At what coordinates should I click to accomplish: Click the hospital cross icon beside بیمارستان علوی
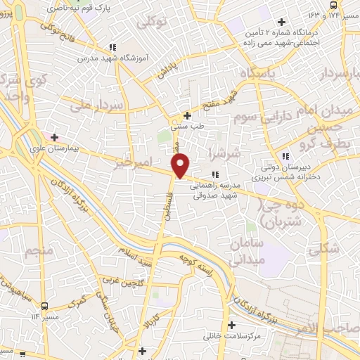coord(53,137)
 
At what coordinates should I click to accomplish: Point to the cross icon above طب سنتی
coord(188,115)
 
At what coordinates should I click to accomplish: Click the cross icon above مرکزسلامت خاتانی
coord(231,325)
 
